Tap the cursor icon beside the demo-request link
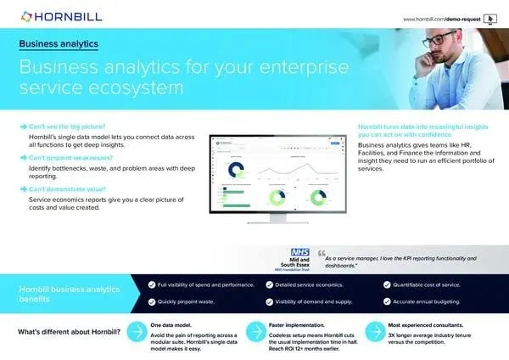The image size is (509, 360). [x=488, y=18]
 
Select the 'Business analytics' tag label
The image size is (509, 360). [x=59, y=42]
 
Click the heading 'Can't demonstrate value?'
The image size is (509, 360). [x=69, y=191]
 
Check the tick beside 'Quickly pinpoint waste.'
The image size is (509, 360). [x=151, y=301]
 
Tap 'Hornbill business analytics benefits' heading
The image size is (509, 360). [x=71, y=294]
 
